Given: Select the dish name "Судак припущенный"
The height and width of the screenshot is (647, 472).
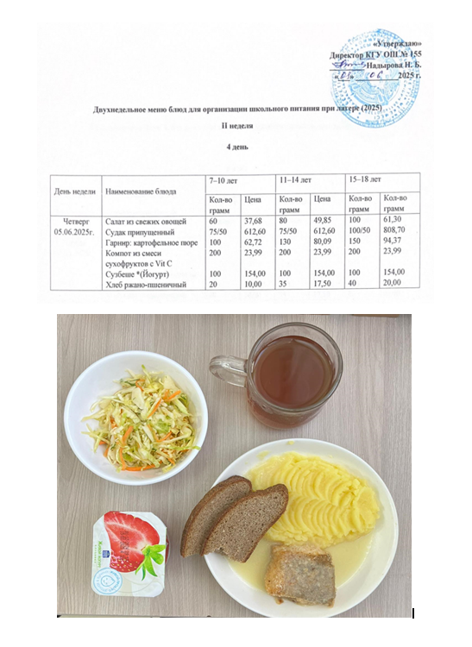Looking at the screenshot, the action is point(139,232).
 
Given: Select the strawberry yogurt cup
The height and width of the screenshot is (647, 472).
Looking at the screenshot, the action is point(129,548).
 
